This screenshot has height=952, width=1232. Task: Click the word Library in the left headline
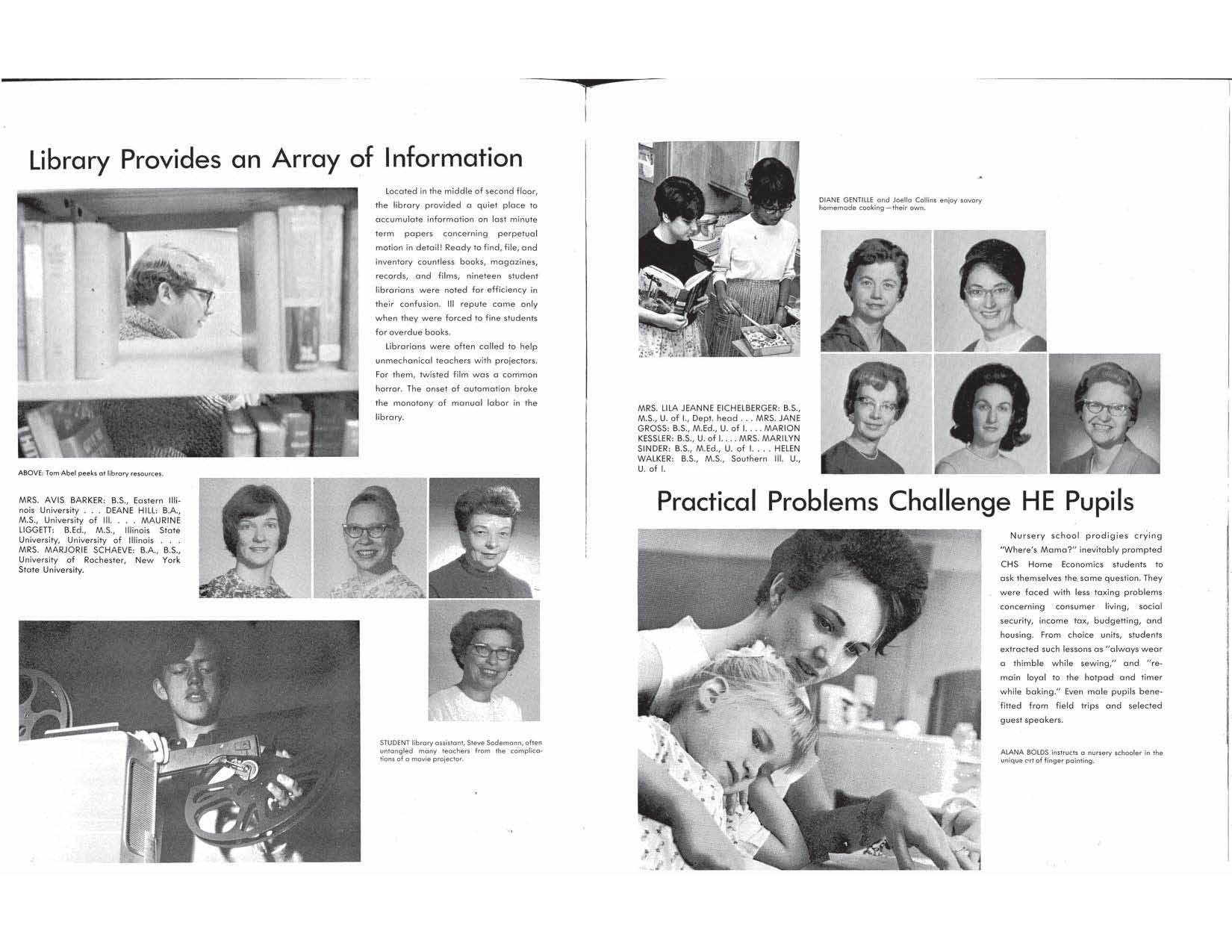click(x=69, y=161)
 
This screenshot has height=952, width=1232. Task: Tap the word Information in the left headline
click(x=453, y=158)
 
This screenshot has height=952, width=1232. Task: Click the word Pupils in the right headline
click(x=1098, y=501)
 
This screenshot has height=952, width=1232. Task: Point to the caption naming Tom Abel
click(x=90, y=473)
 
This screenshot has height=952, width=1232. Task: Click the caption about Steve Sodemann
click(x=461, y=750)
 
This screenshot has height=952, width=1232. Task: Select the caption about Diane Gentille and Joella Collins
click(x=900, y=204)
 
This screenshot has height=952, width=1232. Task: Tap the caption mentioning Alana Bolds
click(x=1081, y=756)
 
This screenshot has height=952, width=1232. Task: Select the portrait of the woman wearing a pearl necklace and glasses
click(x=876, y=414)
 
